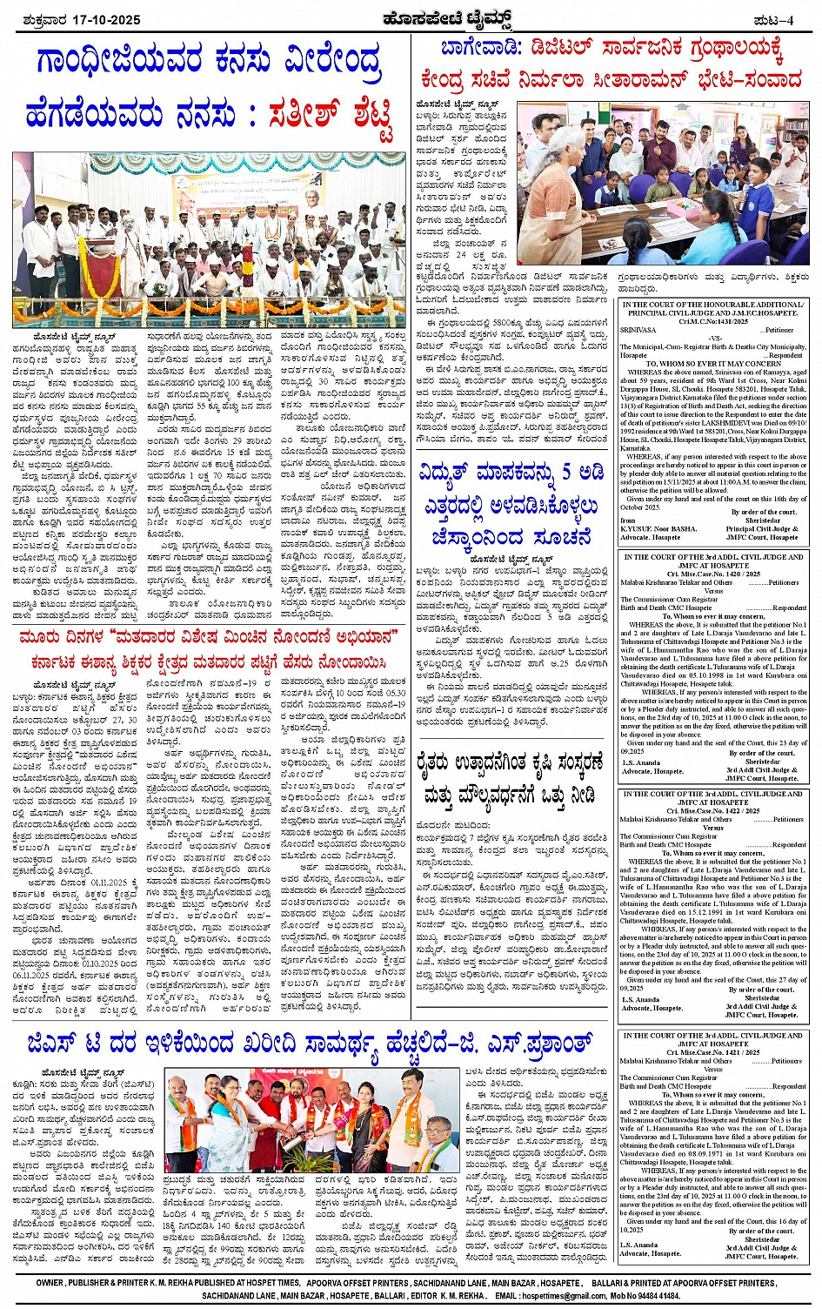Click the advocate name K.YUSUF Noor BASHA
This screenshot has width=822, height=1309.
coord(658,529)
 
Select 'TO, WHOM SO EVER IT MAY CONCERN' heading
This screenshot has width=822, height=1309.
coord(714,364)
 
